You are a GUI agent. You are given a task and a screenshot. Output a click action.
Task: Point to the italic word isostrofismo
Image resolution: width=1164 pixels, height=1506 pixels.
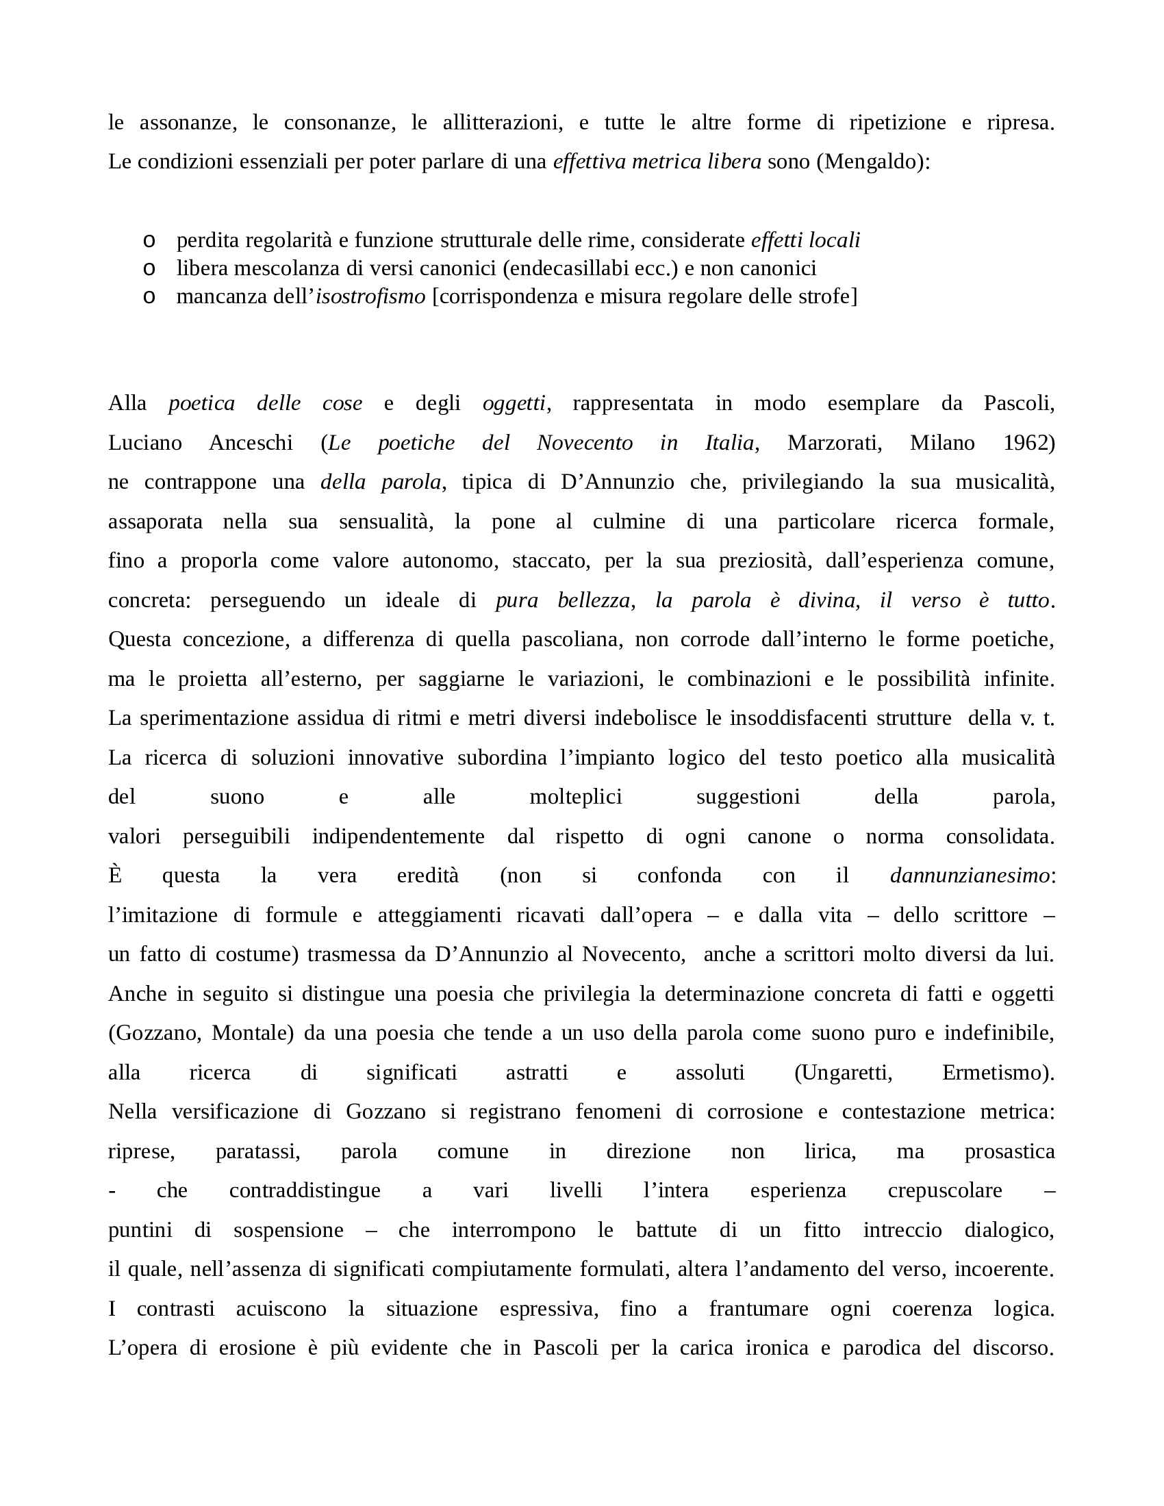(370, 296)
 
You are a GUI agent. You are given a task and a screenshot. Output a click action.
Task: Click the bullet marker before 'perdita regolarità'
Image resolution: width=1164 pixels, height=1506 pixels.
(149, 242)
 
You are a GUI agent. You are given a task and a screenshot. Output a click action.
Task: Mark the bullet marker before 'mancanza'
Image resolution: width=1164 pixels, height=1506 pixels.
(149, 297)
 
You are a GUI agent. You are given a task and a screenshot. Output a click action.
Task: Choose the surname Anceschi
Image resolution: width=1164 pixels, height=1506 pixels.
(251, 443)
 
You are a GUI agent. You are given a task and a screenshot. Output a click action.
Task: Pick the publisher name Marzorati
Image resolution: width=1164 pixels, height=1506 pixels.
(835, 443)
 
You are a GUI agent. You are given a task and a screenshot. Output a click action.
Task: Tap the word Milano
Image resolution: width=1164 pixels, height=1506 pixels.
(942, 443)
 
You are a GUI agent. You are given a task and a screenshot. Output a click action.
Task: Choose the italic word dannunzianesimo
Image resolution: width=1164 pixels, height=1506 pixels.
(970, 875)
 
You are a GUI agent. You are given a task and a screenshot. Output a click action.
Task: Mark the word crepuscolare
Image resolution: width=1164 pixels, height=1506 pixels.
(944, 1190)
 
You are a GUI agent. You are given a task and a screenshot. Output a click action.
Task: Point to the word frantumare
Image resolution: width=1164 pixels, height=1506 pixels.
(759, 1308)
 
